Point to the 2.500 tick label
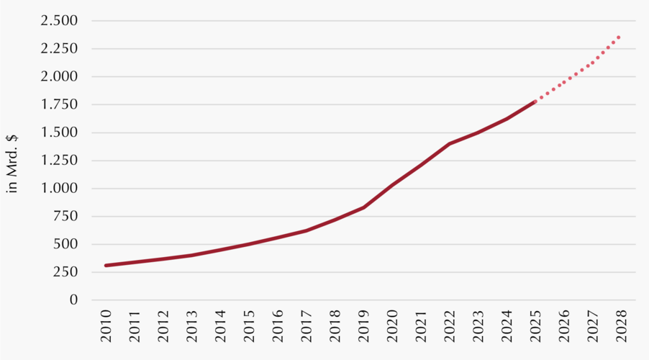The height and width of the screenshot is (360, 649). [60, 21]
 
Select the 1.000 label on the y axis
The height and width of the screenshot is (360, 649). [60, 189]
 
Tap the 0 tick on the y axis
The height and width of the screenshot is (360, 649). [73, 300]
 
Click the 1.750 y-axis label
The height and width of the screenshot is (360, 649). [60, 105]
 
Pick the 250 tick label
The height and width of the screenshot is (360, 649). [65, 272]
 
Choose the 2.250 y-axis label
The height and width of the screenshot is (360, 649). [60, 49]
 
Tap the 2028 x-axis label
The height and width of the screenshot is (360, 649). [620, 325]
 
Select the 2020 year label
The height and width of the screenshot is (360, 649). [392, 325]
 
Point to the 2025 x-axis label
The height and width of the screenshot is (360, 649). [535, 325]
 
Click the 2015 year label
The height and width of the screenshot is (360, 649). [249, 325]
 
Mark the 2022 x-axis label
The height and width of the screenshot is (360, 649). [449, 325]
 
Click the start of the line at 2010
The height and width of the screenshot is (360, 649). [106, 266]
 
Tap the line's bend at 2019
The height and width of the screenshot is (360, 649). [363, 207]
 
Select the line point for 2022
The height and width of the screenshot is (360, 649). [449, 144]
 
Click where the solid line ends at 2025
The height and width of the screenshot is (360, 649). [535, 102]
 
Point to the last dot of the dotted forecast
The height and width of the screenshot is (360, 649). [619, 37]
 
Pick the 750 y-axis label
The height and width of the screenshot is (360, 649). [65, 217]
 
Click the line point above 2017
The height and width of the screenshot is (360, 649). [307, 230]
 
